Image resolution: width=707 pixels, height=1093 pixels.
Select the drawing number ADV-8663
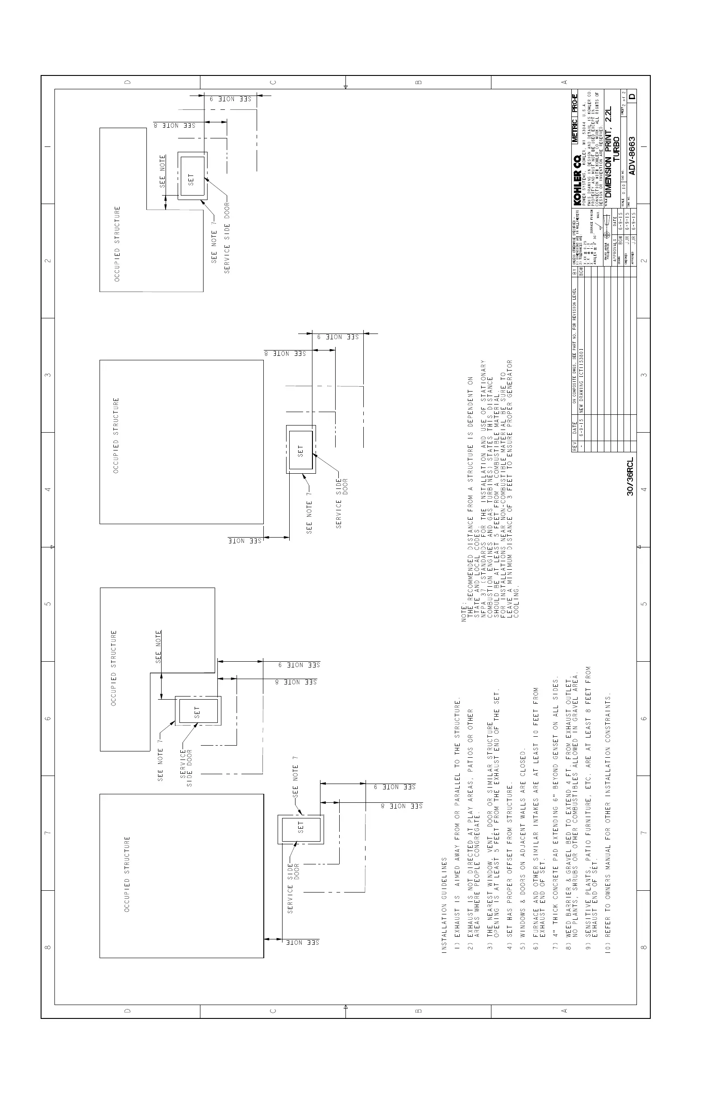pos(632,156)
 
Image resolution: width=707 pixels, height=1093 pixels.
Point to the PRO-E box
pos(575,98)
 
